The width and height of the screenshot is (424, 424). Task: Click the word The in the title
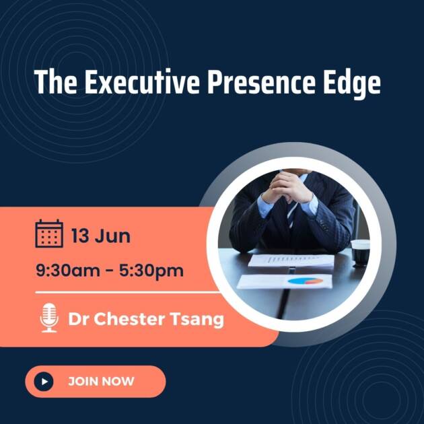[50, 82]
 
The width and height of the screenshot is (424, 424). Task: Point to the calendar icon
[49, 234]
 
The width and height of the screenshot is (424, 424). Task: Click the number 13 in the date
[81, 236]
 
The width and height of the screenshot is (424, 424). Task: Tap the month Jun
[113, 236]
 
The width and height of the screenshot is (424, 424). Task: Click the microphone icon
[49, 318]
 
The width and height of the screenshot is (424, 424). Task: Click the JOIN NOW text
[101, 382]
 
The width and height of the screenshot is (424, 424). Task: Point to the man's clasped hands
[287, 188]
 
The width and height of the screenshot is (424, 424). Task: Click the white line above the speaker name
[128, 293]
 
